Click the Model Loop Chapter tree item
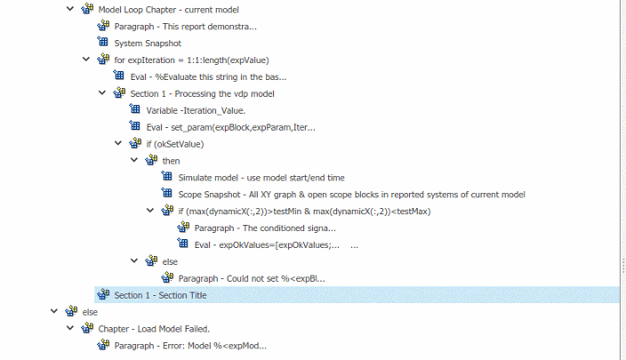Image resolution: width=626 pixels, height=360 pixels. coord(168,10)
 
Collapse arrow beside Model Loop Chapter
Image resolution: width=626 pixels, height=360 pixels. coord(70,8)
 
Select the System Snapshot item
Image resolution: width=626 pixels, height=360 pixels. coord(148,43)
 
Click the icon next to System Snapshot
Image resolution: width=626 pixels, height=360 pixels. coord(103,42)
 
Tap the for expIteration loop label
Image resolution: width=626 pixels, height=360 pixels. coord(192,60)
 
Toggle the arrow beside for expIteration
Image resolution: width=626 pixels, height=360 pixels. coord(86,59)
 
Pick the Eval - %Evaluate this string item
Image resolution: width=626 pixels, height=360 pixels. coord(208,76)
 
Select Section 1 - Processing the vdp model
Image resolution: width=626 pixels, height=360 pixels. coord(203,94)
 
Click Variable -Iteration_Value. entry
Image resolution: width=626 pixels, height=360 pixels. coord(196,110)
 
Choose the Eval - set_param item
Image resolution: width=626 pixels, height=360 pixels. coord(231,127)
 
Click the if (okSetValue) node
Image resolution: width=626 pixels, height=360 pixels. coord(175,144)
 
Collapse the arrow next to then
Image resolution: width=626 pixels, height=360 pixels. coord(134,160)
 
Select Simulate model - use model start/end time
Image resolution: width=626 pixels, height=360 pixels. coord(261,178)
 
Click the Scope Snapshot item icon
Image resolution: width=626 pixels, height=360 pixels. coord(167,193)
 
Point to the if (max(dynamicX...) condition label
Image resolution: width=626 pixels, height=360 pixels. coord(305,212)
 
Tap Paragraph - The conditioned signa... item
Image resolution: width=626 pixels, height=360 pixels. coord(265,228)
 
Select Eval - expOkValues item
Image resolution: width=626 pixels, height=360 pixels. coord(267,244)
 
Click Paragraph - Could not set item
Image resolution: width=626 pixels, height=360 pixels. coord(252,278)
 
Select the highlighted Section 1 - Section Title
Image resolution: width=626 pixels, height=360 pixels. coord(160,295)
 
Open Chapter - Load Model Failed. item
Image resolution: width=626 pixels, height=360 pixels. coord(154,329)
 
